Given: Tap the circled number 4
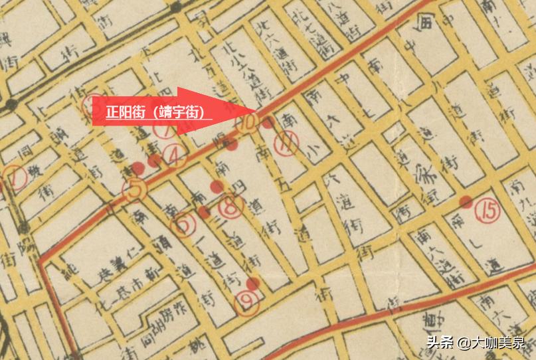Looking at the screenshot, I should [175, 155].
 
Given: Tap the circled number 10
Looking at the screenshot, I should [249, 122].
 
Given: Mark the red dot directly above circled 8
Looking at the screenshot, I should [216, 187].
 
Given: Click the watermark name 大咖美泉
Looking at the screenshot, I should [497, 343].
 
